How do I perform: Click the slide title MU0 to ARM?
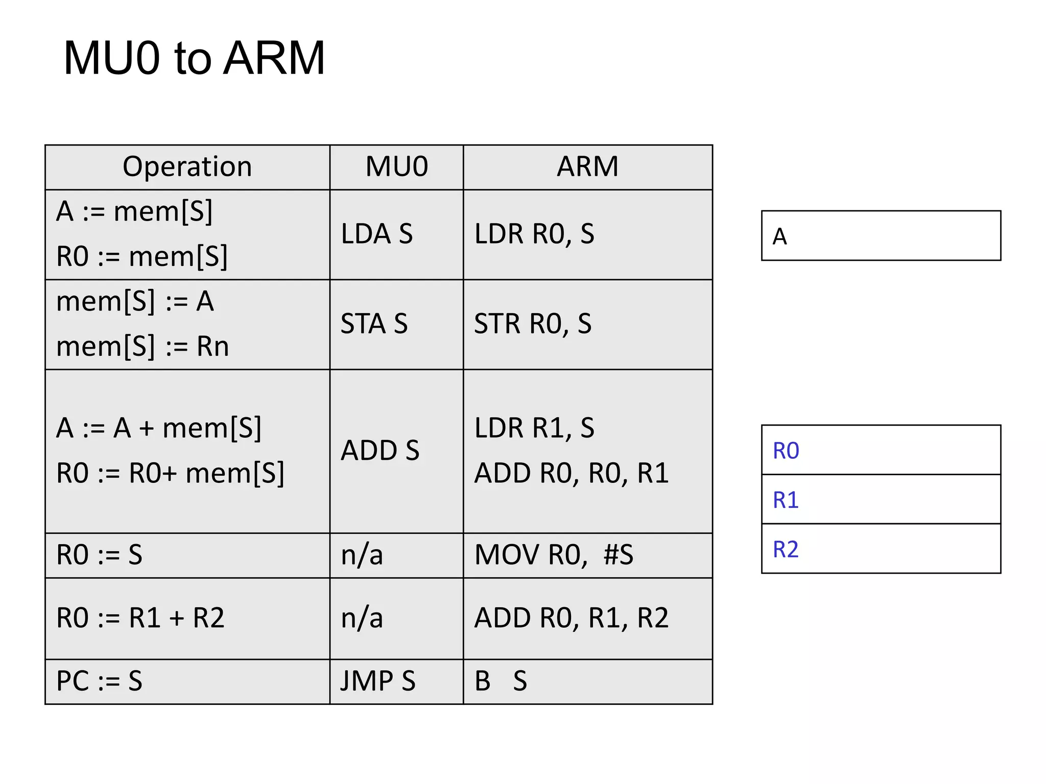[194, 58]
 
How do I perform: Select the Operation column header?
[187, 167]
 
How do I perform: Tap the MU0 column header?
[396, 167]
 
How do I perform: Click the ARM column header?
[587, 167]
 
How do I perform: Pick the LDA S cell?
[376, 234]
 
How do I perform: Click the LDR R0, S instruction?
[534, 234]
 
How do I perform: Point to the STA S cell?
[374, 324]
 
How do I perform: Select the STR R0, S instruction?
[533, 324]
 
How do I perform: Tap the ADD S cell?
[380, 451]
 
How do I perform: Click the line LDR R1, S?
[534, 428]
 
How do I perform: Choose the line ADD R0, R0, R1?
[571, 473]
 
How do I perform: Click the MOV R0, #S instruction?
[554, 555]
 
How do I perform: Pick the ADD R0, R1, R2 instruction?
[571, 618]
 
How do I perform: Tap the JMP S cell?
[378, 681]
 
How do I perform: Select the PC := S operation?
[99, 681]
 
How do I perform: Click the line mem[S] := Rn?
[142, 347]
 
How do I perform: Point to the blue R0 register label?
[786, 451]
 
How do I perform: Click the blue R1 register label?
[786, 500]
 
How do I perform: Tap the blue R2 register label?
[786, 549]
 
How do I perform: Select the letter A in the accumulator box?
[779, 237]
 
